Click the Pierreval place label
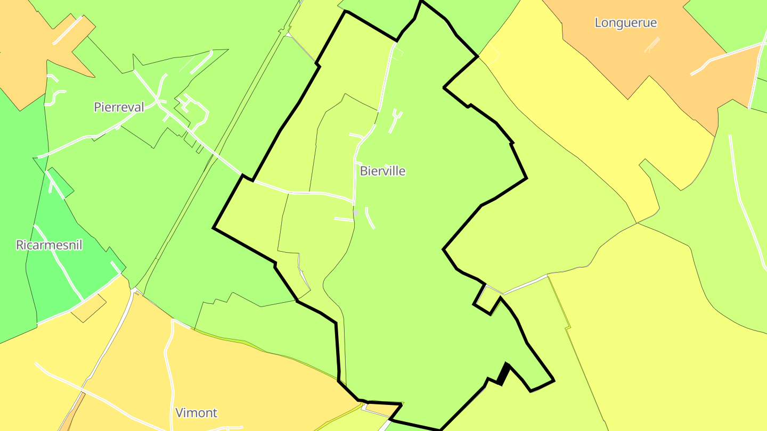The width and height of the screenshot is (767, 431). (119, 107)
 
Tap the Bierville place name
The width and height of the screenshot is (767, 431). (382, 171)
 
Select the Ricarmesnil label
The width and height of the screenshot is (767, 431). (49, 245)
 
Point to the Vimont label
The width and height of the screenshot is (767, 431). (196, 412)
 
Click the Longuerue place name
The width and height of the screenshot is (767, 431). (625, 23)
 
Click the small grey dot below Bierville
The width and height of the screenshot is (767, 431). (356, 213)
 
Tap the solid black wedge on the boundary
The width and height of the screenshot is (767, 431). (503, 374)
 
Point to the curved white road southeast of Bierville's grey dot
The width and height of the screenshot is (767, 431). (370, 218)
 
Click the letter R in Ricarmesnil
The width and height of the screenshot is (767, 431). (20, 245)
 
